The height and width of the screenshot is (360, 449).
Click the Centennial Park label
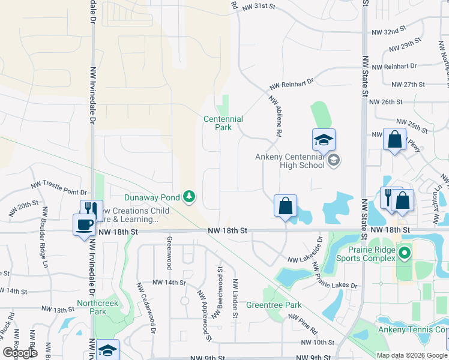click(x=223, y=123)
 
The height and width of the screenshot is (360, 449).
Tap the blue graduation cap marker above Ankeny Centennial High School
click(x=324, y=140)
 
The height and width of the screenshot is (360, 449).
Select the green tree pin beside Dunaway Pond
click(x=189, y=196)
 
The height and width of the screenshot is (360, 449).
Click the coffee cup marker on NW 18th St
click(x=83, y=224)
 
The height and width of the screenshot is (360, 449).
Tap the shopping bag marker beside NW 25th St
click(x=394, y=140)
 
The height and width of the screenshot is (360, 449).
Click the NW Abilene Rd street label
click(x=276, y=115)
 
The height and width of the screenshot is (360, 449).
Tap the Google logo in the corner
click(x=20, y=353)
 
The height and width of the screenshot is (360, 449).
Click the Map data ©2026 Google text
click(x=411, y=355)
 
